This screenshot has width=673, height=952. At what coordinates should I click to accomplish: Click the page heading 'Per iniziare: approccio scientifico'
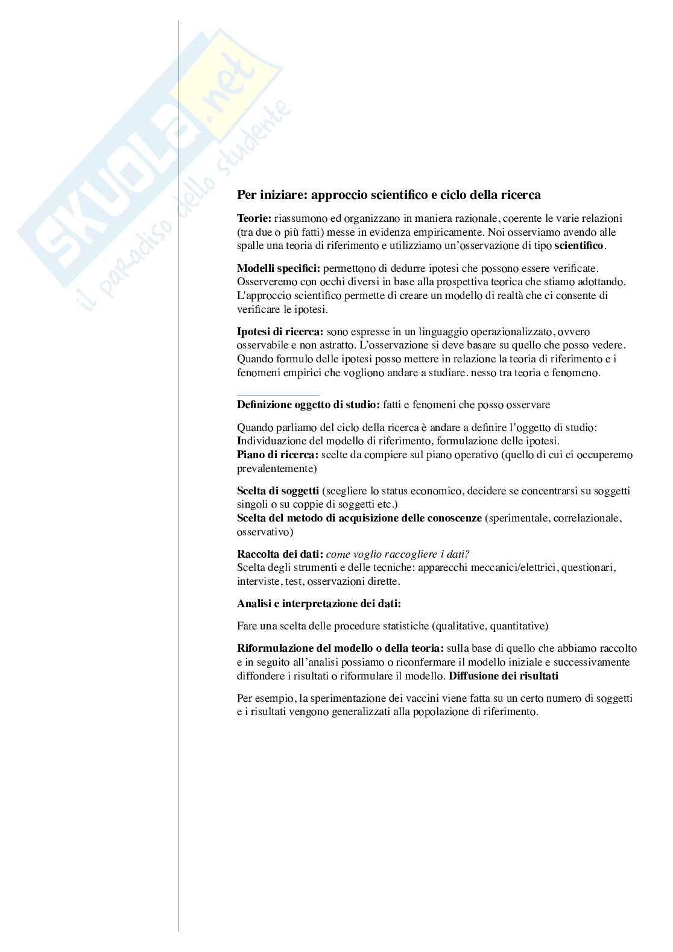coord(388,195)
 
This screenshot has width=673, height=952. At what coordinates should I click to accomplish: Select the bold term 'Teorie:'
coord(254,218)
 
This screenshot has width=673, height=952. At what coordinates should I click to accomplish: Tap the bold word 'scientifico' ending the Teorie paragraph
coord(578,246)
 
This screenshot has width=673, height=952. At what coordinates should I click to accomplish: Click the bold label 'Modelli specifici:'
coord(279,268)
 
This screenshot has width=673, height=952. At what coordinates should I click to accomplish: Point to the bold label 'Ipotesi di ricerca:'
coord(280,332)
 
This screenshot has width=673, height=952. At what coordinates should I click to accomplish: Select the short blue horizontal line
coord(278,395)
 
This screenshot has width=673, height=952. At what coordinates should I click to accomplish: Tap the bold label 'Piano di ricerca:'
coord(278,455)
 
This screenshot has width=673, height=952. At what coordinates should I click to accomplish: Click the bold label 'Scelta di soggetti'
coord(278,491)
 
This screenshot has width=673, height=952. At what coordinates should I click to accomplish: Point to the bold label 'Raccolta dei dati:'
coord(280,554)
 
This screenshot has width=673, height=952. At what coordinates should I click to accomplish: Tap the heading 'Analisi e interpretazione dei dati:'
coord(319,604)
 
